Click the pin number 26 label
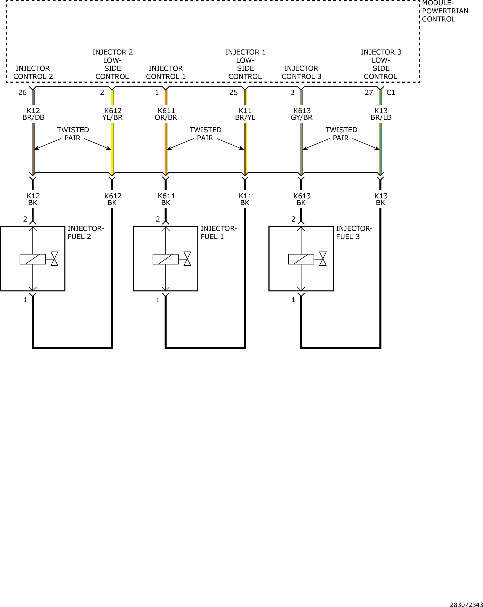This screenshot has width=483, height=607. click(x=22, y=93)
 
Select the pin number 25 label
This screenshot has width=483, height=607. click(x=234, y=93)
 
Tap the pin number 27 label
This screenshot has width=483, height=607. click(x=369, y=93)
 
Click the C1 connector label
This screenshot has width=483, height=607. click(x=391, y=93)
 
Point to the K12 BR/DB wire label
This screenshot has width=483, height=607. click(x=33, y=114)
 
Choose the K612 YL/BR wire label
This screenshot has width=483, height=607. click(x=113, y=114)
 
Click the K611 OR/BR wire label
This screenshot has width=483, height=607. click(x=166, y=114)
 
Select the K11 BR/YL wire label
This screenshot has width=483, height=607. click(x=245, y=114)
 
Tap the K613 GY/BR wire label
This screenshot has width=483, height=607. click(x=302, y=114)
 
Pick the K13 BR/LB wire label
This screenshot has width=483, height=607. click(x=381, y=114)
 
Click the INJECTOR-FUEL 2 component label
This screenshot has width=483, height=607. click(x=86, y=233)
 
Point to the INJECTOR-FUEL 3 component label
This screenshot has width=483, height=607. click(x=354, y=233)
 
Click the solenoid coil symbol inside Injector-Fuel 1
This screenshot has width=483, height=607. click(x=166, y=259)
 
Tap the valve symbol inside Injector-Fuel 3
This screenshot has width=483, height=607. click(x=323, y=259)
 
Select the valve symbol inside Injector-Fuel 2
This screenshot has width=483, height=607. click(x=54, y=259)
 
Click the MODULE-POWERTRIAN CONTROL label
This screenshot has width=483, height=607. click(x=445, y=11)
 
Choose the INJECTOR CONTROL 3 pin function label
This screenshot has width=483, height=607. click(x=301, y=73)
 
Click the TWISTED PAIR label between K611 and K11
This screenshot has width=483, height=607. click(x=205, y=134)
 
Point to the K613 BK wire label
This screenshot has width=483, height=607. click(x=302, y=199)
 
